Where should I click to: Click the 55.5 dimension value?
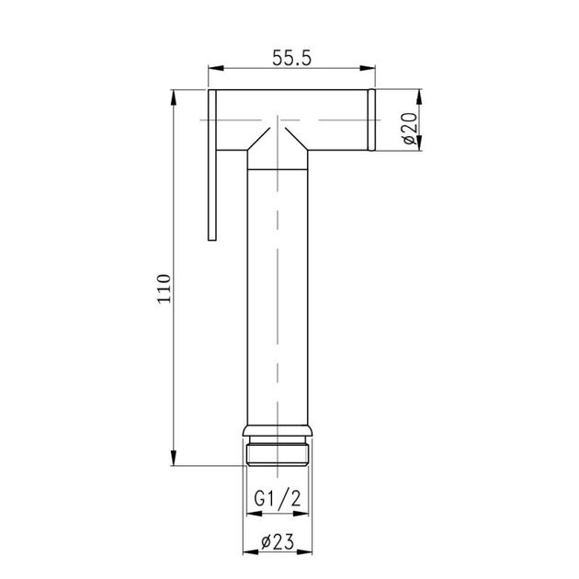tap(293, 57)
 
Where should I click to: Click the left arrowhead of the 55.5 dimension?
tap(212, 67)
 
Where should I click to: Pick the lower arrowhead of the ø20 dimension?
tap(420, 145)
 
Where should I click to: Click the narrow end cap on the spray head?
tap(373, 119)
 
